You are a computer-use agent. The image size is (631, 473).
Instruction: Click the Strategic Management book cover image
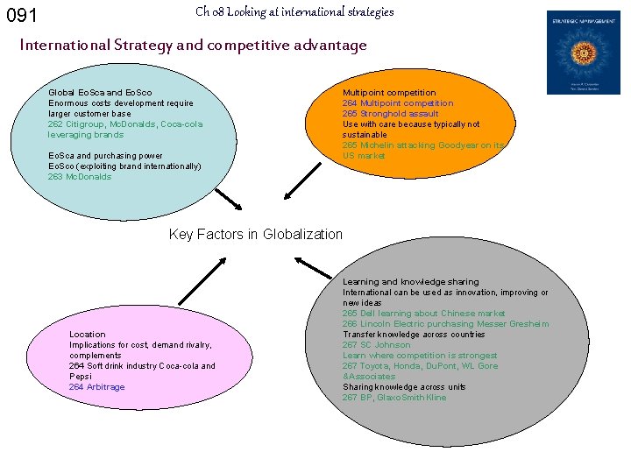tap(583, 53)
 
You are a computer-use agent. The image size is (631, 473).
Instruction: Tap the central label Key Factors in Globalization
tap(255, 234)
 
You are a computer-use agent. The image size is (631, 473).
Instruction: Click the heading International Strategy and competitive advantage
tap(193, 44)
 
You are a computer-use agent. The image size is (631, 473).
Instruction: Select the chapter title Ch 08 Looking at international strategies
tap(294, 11)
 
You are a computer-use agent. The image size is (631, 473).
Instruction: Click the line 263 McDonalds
tap(80, 177)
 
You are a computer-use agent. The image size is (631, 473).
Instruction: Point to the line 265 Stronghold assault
tap(391, 114)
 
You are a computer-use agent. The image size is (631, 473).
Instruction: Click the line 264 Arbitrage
tap(97, 387)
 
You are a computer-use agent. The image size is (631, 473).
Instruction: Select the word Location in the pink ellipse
tap(88, 335)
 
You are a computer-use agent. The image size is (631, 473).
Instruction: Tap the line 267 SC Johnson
tap(376, 345)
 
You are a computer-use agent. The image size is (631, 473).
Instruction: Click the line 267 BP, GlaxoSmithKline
tap(394, 398)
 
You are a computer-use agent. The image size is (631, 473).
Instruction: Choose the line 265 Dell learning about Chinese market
tap(424, 314)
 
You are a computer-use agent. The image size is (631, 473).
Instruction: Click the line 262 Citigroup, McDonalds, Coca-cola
tap(125, 124)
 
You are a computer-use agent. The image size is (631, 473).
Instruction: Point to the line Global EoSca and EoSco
tap(100, 93)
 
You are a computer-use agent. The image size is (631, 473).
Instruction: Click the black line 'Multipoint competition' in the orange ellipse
tap(389, 93)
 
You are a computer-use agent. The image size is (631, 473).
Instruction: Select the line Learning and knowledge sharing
tap(411, 282)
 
